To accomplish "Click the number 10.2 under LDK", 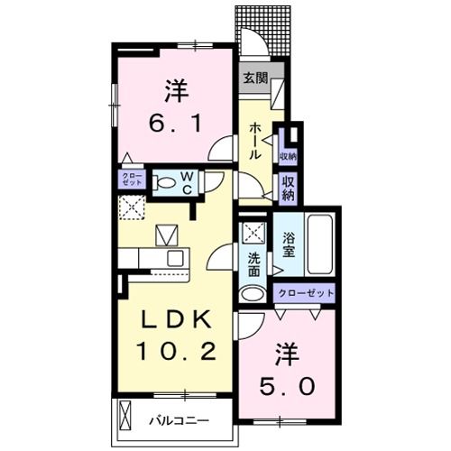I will [x=176, y=350].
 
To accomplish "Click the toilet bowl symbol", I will [x=167, y=183].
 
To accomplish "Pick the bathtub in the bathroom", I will [x=318, y=245].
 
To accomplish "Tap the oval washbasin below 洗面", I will [x=253, y=292].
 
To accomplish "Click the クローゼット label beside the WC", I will [x=132, y=178].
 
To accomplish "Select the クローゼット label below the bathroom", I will [x=305, y=293].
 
